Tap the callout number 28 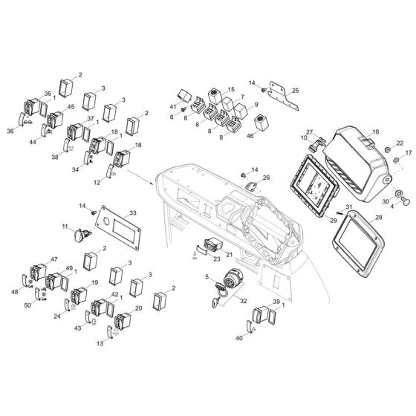click(379, 217)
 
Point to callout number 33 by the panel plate click(134, 213)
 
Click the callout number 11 click(65, 227)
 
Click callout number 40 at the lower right click(239, 338)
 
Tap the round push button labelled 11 click(79, 236)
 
